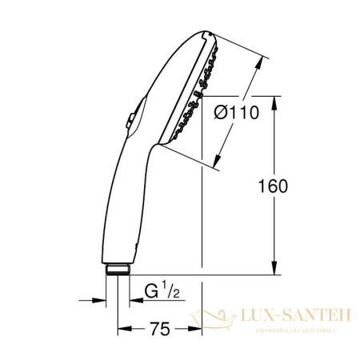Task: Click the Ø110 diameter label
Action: tap(237, 113)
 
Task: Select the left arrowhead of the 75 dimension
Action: tap(123, 328)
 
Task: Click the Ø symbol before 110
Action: tap(221, 113)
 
